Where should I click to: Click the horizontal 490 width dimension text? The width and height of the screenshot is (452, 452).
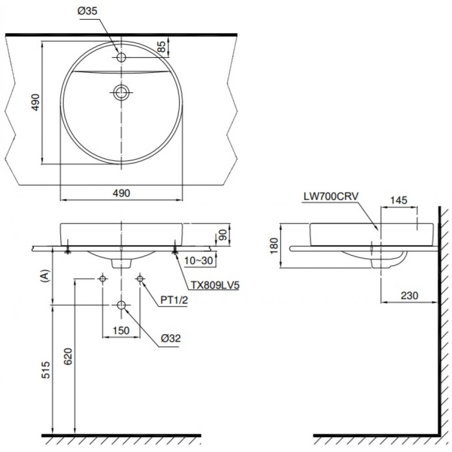pyautogui.click(x=121, y=193)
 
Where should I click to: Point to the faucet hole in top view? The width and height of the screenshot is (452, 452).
pyautogui.click(x=121, y=57)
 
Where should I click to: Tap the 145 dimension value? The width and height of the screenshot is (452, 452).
pyautogui.click(x=399, y=200)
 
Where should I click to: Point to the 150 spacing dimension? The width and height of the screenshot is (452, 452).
pyautogui.click(x=121, y=330)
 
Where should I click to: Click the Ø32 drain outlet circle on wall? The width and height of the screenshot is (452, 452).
pyautogui.click(x=121, y=306)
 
